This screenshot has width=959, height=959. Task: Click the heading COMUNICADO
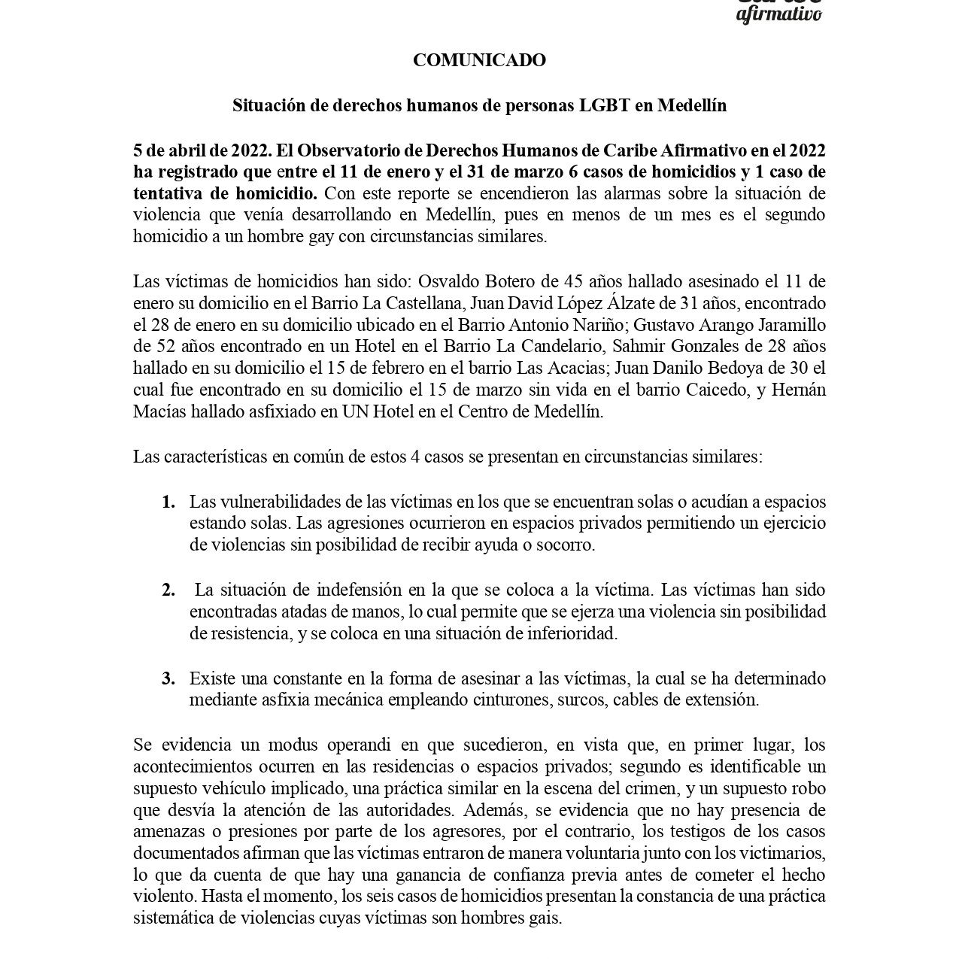click(x=479, y=60)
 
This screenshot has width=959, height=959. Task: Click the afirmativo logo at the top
click(x=778, y=14)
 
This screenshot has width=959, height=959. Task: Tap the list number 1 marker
click(x=168, y=502)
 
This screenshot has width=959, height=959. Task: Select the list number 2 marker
click(x=168, y=590)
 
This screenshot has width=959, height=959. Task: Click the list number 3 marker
click(x=168, y=678)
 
